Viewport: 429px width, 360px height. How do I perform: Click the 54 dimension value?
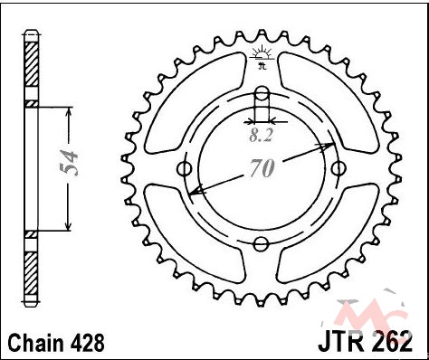tap(69, 163)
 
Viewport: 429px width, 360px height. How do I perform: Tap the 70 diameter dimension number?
tap(262, 168)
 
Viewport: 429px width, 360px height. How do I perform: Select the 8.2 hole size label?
tap(261, 136)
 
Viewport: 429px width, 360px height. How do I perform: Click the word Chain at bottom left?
tap(36, 343)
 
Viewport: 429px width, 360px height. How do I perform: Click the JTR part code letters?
tap(343, 341)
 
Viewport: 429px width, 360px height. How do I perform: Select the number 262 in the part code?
tap(391, 341)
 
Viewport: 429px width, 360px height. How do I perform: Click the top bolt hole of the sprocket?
tap(262, 93)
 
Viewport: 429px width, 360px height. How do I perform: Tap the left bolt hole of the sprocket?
tap(184, 168)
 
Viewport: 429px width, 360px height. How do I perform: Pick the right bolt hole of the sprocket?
tap(338, 168)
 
